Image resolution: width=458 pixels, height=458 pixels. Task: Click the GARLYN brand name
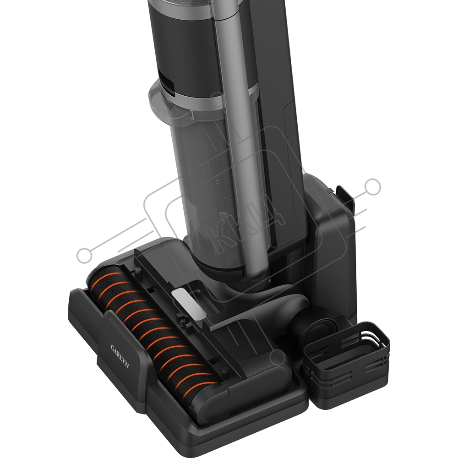point(120,357)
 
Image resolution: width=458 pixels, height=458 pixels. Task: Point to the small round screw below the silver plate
point(184,321)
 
